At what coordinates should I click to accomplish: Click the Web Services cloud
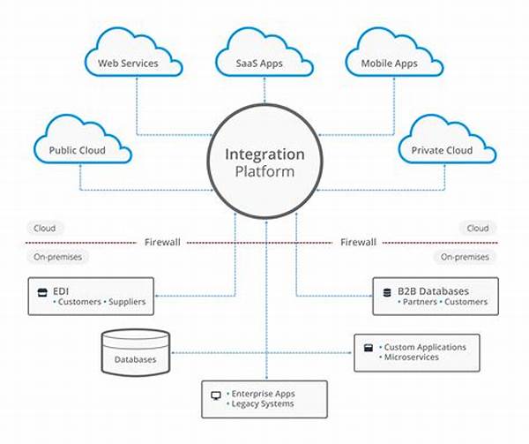tap(128, 60)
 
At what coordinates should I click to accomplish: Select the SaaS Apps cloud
tap(264, 60)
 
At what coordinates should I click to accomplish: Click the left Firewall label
tap(164, 241)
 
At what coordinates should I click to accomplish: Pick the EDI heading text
tap(60, 290)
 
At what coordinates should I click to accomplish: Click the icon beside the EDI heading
tap(41, 290)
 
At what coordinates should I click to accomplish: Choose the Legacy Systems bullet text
tap(263, 403)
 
